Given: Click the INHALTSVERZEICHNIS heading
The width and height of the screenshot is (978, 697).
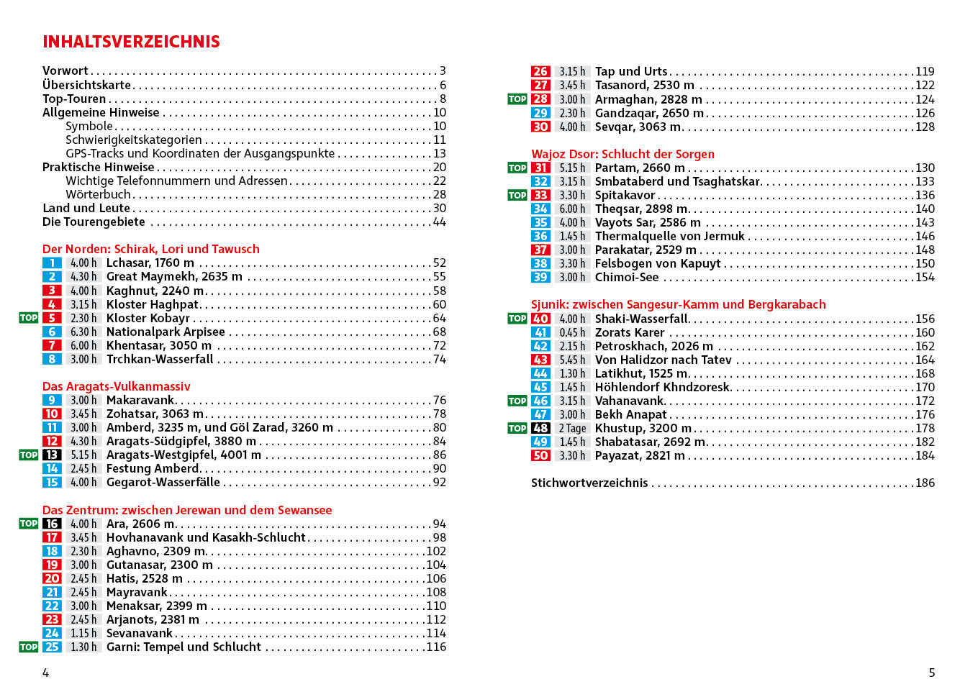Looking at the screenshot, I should coord(131,42).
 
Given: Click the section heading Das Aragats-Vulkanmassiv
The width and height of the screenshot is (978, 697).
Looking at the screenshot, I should coord(116,386).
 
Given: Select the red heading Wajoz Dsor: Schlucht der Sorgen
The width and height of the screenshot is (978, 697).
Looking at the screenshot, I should coord(622,154).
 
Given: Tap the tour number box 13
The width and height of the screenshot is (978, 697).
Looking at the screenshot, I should coord(52,455).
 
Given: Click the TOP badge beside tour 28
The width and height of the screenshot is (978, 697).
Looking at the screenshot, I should coord(517,99).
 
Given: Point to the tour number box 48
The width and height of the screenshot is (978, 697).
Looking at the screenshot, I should coord(540,428).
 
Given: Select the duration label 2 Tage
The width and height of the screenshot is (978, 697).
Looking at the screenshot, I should coord(572,428).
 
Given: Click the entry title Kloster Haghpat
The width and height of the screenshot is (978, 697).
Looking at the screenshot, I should coord(153,304).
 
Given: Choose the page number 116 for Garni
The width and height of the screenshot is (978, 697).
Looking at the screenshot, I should coord(436,647).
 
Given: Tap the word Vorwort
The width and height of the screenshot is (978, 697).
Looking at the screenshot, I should coord(65,70).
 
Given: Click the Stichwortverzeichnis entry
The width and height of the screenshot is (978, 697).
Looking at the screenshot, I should coord(589,483).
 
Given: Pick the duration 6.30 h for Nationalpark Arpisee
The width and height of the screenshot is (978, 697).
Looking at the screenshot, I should coord(83,332).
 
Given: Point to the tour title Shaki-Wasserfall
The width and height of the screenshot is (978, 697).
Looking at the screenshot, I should coord(641,319).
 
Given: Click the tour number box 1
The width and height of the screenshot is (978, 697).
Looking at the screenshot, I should coord(52,263).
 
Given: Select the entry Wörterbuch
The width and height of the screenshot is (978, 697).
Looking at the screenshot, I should coord(98,194).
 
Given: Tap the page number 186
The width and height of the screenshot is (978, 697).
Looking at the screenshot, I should coord(925,483).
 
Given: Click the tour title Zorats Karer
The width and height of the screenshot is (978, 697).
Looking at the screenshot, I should coord(630,332).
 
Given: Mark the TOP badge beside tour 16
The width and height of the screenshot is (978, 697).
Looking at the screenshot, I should coord(28,524).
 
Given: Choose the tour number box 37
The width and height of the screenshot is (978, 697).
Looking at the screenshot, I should coord(540,250).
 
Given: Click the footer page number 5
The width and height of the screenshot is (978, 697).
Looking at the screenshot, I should coord(932,673).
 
